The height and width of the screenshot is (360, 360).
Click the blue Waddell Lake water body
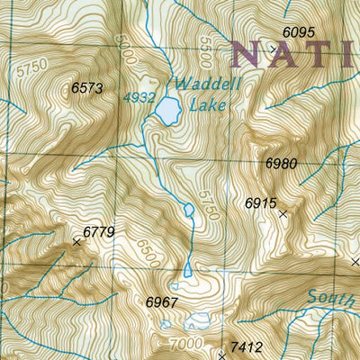(166, 111)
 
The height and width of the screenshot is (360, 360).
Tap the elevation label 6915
(261, 203)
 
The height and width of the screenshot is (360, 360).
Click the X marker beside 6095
(274, 48)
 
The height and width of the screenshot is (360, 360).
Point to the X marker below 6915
(283, 214)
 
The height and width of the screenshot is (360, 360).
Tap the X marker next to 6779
(76, 241)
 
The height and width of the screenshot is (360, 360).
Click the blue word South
(325, 296)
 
